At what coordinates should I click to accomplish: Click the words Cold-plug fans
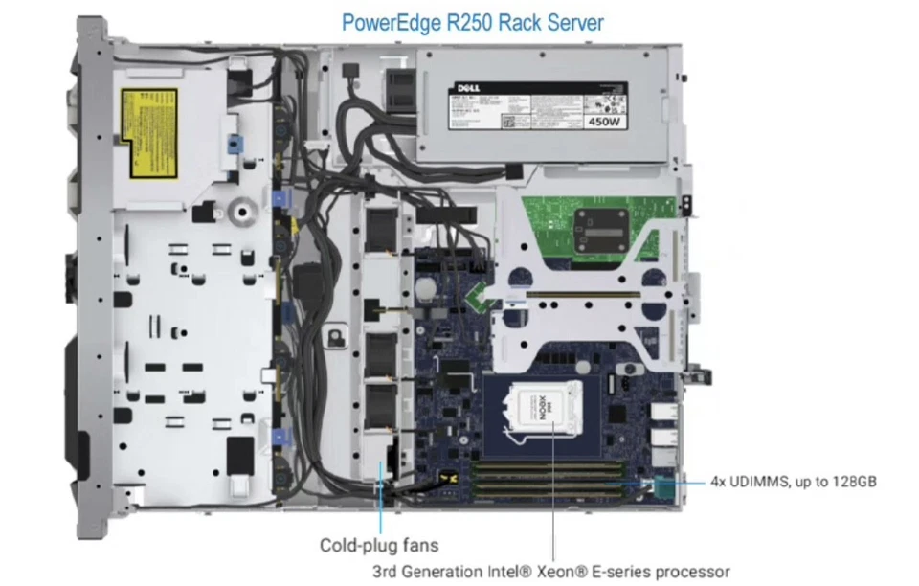(x=379, y=545)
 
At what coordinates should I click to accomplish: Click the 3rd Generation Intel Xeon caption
(x=551, y=572)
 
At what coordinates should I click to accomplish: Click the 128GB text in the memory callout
(x=851, y=482)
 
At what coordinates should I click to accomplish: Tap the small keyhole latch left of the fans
(x=336, y=336)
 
